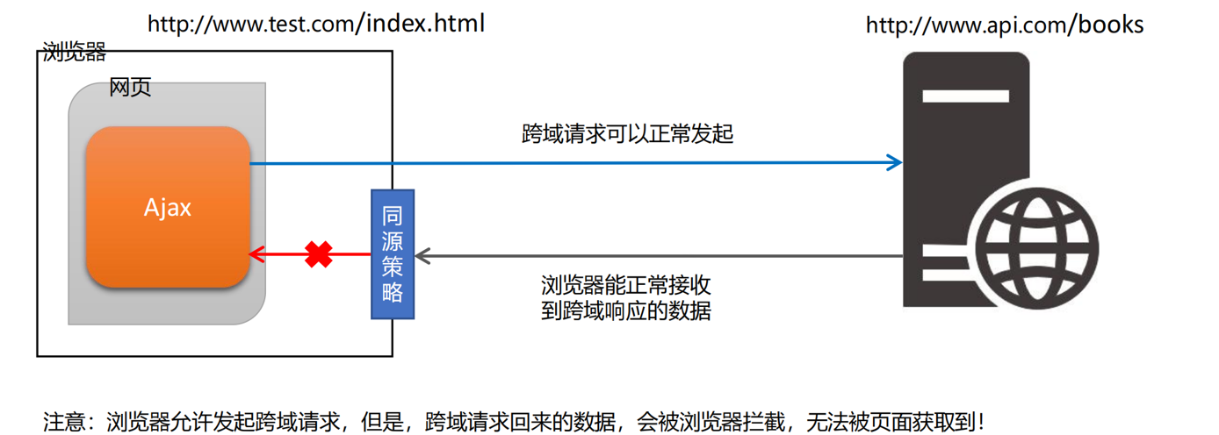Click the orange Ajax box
pyautogui.click(x=168, y=207)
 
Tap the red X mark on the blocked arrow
pyautogui.click(x=318, y=254)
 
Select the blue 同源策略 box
pyautogui.click(x=393, y=254)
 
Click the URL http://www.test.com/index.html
pyautogui.click(x=316, y=24)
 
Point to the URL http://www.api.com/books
pyautogui.click(x=1005, y=25)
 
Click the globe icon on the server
pyautogui.click(x=1036, y=248)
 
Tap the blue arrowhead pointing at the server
pyautogui.click(x=894, y=162)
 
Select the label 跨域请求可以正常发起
pyautogui.click(x=627, y=134)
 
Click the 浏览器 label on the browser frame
pyautogui.click(x=74, y=53)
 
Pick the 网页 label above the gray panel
pyautogui.click(x=130, y=87)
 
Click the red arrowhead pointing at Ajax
pyautogui.click(x=256, y=254)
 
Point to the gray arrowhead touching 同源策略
pyautogui.click(x=422, y=255)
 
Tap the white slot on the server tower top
pyautogui.click(x=965, y=96)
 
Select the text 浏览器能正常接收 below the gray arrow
pyautogui.click(x=626, y=285)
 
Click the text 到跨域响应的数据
pyautogui.click(x=626, y=310)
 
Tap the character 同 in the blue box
pyautogui.click(x=393, y=216)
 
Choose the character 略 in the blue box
pyautogui.click(x=393, y=292)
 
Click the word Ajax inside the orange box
pyautogui.click(x=168, y=208)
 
